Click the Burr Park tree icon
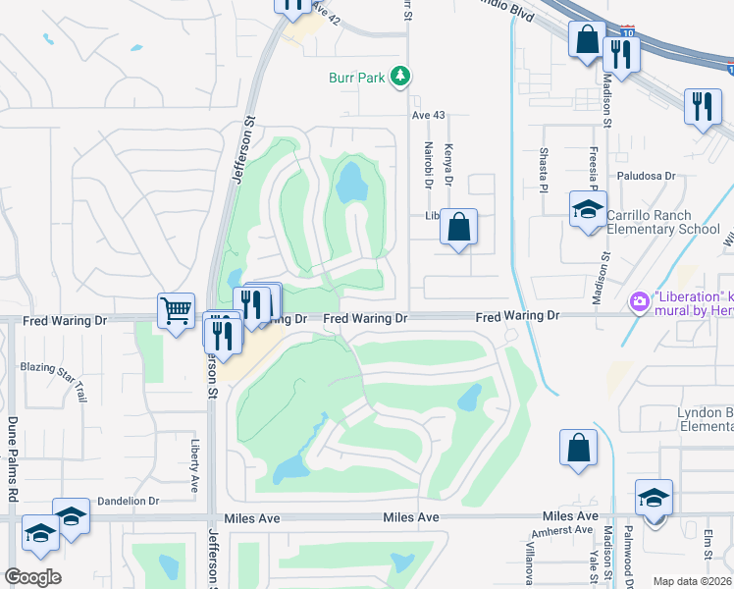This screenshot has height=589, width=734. tap(399, 76)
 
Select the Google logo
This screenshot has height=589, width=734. tap(33, 576)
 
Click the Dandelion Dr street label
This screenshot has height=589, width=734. tap(126, 501)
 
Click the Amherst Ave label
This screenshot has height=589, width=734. tap(570, 530)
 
